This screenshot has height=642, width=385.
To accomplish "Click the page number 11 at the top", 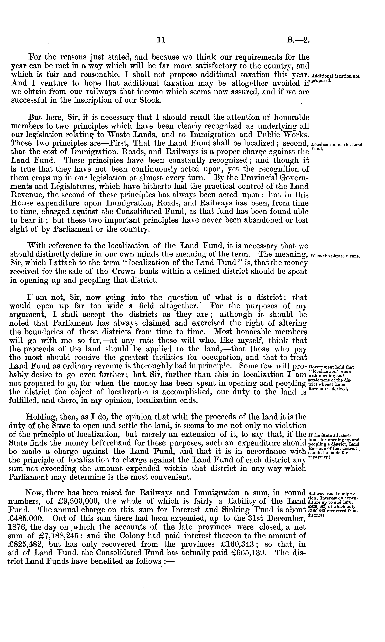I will click(x=161, y=40).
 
